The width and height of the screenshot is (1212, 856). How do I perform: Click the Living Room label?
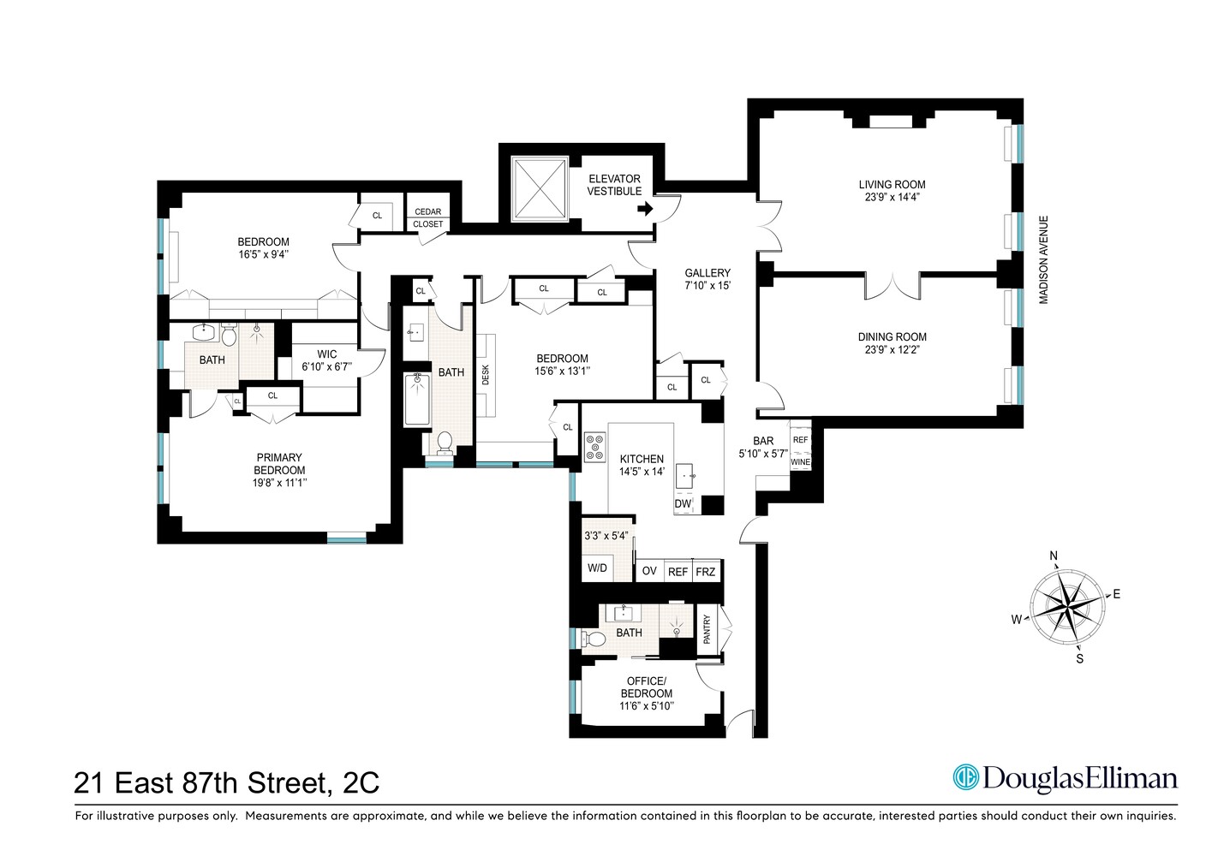tap(892, 184)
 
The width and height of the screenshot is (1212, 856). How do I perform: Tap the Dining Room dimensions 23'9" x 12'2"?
tap(892, 349)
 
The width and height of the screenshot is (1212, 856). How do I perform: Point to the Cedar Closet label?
tap(428, 217)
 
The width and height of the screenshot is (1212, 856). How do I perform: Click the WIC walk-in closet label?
tap(326, 354)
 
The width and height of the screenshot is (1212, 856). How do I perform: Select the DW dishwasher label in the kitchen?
tap(683, 504)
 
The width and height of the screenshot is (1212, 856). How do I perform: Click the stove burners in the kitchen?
tap(594, 447)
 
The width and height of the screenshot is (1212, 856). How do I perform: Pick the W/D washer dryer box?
tap(597, 568)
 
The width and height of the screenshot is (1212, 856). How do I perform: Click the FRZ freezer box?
tap(706, 571)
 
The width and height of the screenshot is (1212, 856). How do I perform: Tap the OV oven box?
tap(649, 571)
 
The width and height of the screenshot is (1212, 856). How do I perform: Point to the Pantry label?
tap(707, 629)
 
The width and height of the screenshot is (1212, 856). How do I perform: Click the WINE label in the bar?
tap(800, 462)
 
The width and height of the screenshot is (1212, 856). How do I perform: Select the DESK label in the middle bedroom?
tap(485, 375)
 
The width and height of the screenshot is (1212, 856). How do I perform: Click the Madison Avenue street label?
tap(1044, 259)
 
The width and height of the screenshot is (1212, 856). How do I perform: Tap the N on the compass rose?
tap(1054, 556)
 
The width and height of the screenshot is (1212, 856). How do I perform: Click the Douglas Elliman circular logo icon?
tap(966, 777)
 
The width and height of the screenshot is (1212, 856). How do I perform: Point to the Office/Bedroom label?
tap(646, 687)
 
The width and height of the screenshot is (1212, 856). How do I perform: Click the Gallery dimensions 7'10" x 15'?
tap(707, 285)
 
